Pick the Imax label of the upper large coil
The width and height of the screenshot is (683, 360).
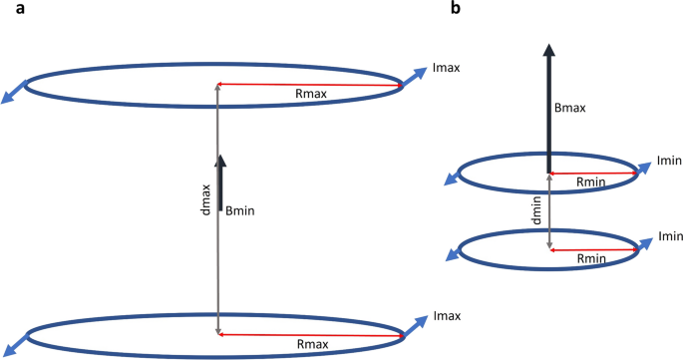(x=448, y=67)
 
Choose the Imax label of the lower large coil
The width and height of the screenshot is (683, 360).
(x=448, y=316)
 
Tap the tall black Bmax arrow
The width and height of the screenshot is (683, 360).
(x=548, y=110)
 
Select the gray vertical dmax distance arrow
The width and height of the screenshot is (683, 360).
(x=216, y=249)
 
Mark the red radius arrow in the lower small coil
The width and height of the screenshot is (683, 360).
(x=593, y=249)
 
